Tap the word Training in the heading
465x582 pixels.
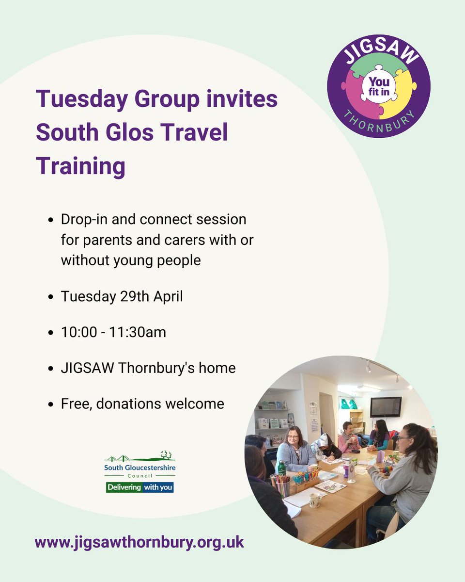tap(80, 166)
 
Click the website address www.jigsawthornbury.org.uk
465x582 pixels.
tap(139, 541)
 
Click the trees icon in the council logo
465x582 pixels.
tap(167, 454)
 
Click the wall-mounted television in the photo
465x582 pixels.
tap(386, 406)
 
